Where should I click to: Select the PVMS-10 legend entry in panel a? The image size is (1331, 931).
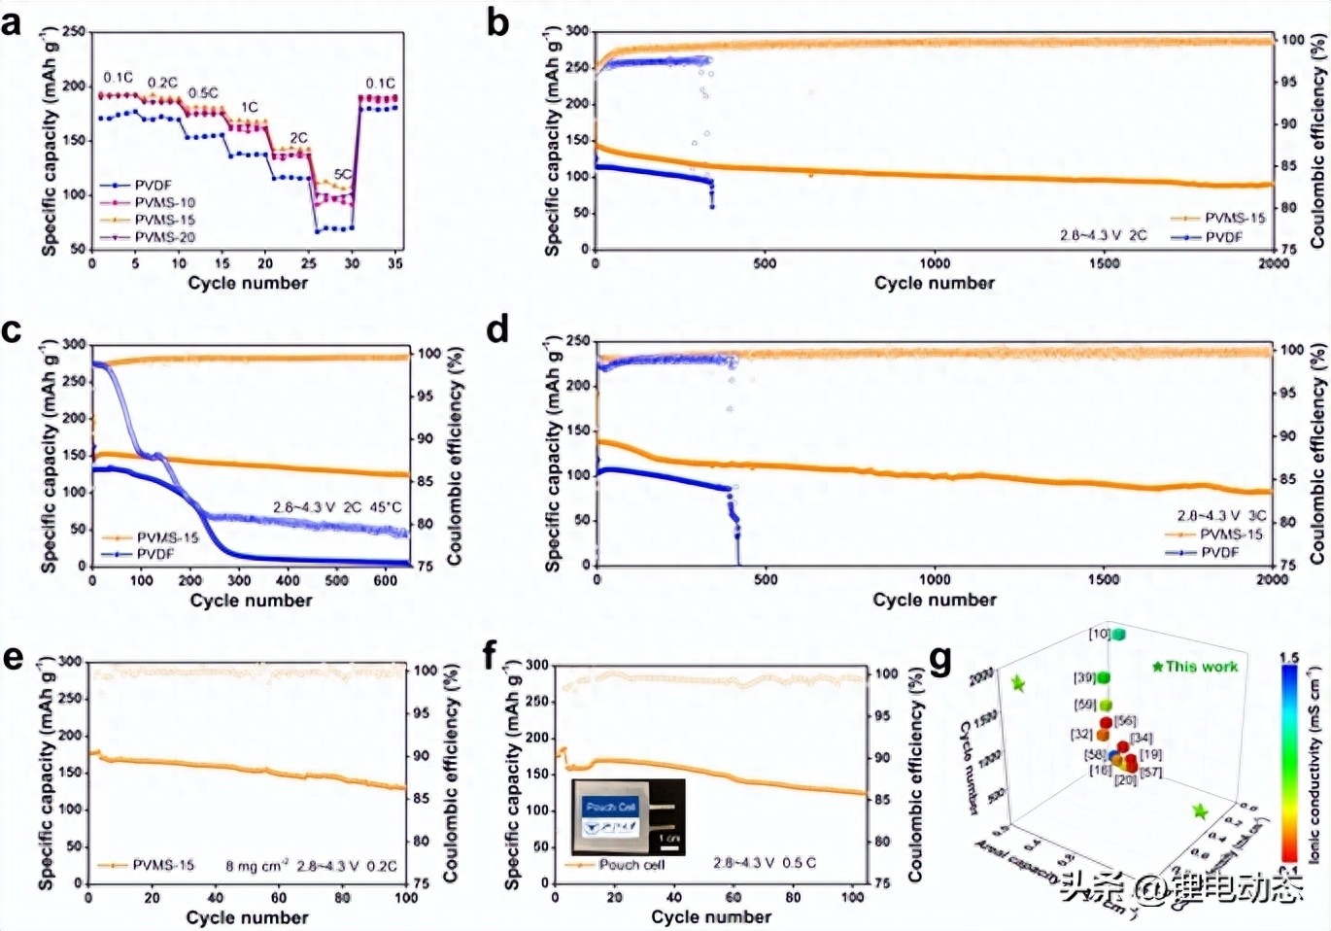[164, 202]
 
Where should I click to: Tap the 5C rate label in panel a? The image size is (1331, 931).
[342, 174]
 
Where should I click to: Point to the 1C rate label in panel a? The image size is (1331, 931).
[250, 107]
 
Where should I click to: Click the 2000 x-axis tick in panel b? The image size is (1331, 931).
[1273, 262]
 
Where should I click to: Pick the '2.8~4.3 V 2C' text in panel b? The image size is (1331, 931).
[1103, 235]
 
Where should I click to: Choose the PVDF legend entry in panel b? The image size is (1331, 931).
[1223, 236]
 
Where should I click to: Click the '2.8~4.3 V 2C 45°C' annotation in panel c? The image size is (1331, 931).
[336, 507]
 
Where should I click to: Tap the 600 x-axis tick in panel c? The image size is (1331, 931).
[386, 580]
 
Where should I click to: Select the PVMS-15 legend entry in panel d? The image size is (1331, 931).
[1231, 534]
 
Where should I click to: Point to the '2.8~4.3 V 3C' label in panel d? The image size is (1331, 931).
[1221, 516]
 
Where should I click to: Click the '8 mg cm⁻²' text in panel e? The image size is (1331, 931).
[257, 865]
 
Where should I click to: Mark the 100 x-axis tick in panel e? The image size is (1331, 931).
[406, 897]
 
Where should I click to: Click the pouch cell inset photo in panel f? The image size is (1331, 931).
[628, 816]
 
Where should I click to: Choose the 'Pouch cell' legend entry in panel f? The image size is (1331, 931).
[631, 864]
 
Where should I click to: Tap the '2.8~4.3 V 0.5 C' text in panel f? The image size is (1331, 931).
[765, 863]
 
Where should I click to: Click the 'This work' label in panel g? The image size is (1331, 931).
[1201, 667]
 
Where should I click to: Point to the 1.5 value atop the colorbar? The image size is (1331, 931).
[1288, 658]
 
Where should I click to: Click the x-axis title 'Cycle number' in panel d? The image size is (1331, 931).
[934, 600]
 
